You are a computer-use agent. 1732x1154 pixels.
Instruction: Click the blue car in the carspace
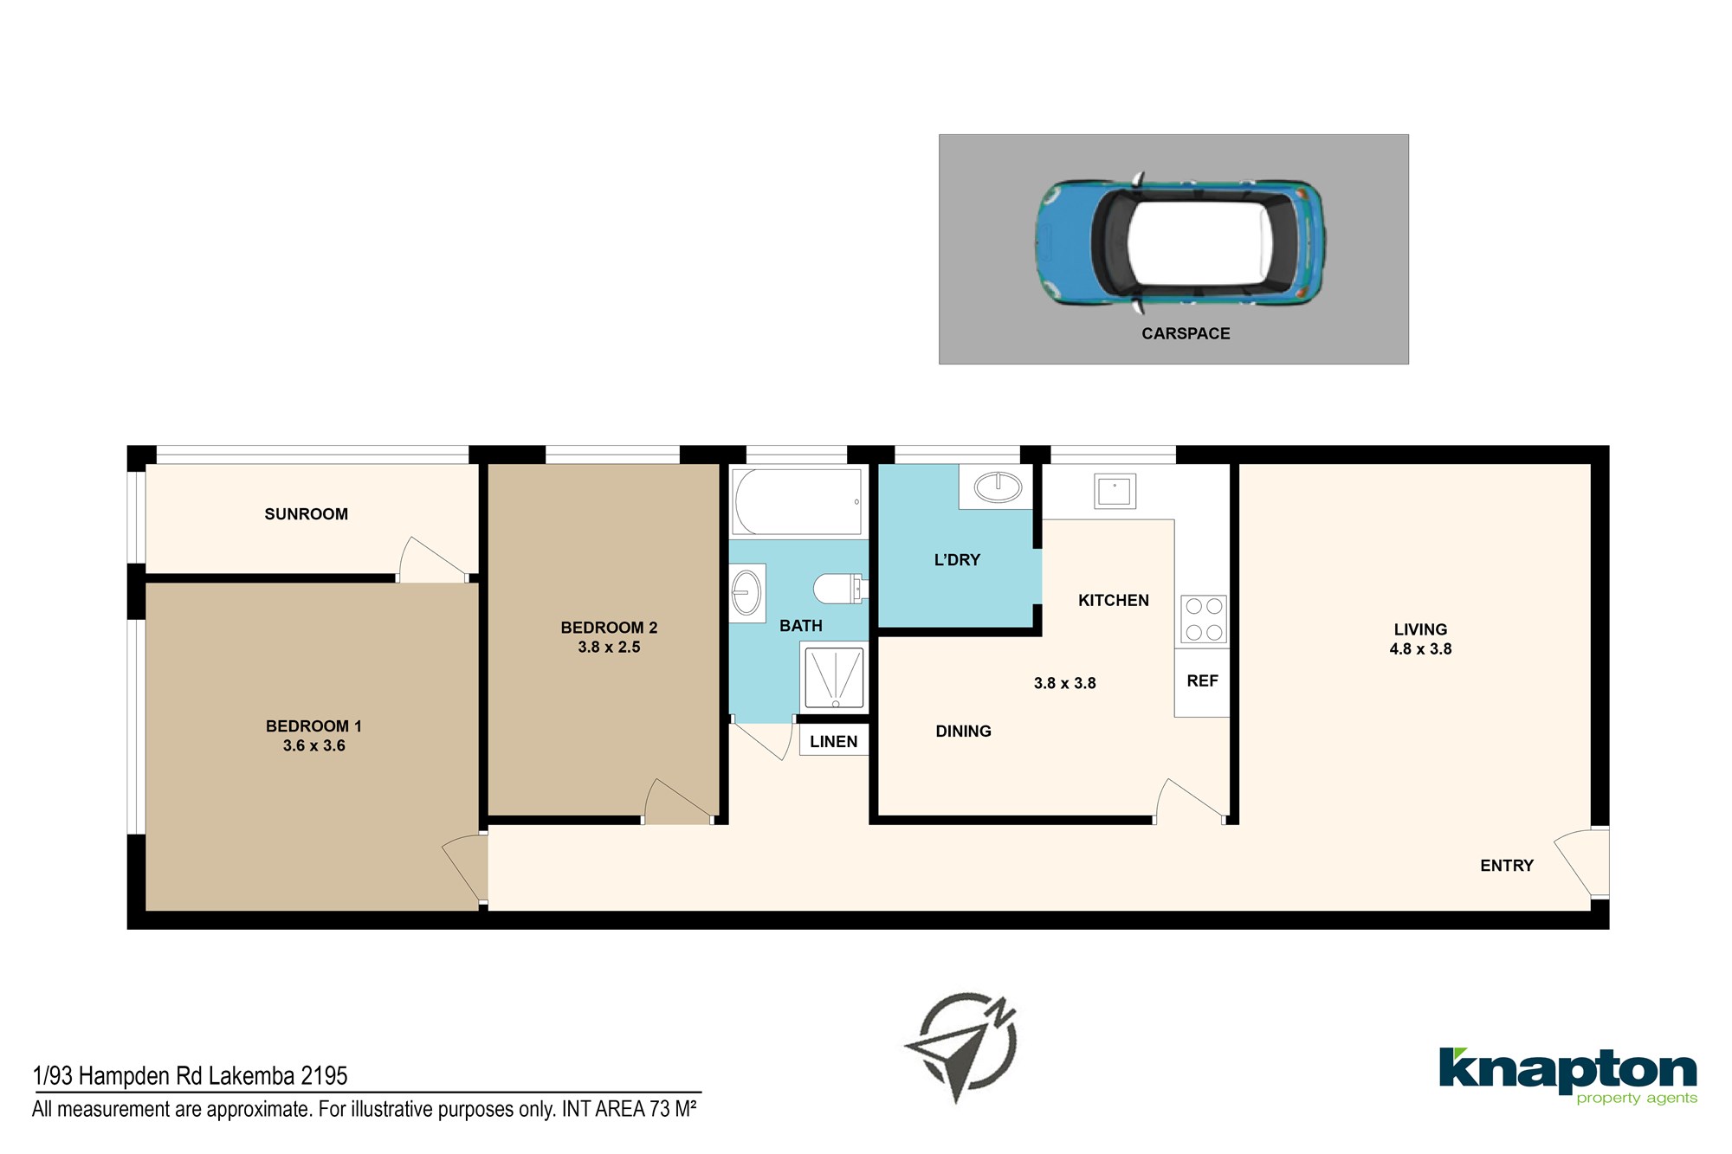point(1180,243)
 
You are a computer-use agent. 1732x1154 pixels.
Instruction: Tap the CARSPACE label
point(1186,334)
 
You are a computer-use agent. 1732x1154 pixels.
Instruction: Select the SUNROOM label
point(307,514)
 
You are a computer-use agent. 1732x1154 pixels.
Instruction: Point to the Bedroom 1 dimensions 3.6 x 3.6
point(313,745)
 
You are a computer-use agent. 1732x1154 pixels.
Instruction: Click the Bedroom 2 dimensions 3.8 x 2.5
point(609,647)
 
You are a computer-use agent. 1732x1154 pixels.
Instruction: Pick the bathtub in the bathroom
point(798,501)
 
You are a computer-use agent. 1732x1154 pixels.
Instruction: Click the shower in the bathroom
point(834,676)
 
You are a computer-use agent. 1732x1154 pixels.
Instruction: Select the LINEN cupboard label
point(834,742)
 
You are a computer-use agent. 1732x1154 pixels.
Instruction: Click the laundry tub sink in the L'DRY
point(998,487)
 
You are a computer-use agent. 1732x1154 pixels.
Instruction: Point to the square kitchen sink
point(1115,492)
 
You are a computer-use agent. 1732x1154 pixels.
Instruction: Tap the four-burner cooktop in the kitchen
point(1204,619)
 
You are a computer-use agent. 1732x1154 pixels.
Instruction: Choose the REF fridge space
point(1202,682)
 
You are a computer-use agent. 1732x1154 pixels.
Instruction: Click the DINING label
point(964,732)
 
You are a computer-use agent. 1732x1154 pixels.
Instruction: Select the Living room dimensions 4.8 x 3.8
point(1420,649)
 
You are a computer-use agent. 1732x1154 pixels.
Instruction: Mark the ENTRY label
point(1507,866)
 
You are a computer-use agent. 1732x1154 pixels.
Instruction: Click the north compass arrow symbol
point(961,1047)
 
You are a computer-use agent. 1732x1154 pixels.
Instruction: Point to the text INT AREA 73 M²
point(630,1109)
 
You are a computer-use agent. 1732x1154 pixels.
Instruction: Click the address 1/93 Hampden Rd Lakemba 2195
point(190,1076)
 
